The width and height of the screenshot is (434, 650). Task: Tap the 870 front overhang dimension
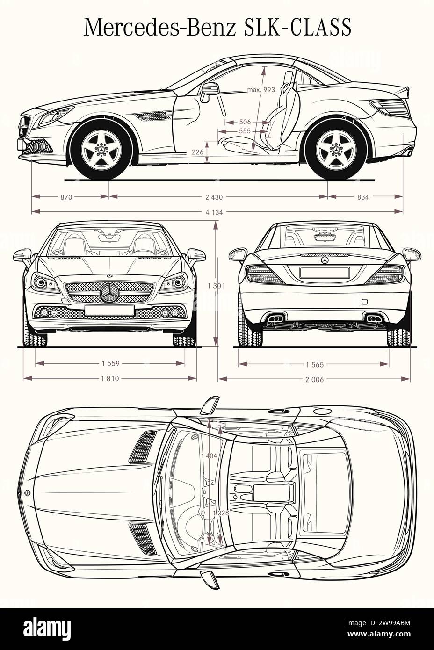(66, 197)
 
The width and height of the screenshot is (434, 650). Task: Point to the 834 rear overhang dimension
(363, 197)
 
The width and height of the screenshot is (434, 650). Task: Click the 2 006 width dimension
(314, 379)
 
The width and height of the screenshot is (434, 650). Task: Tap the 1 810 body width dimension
(110, 379)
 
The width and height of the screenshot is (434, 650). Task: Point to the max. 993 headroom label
(261, 90)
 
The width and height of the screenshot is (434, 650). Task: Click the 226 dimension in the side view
(197, 152)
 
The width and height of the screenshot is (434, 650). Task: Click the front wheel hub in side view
(101, 150)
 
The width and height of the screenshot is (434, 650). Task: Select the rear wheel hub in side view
(335, 150)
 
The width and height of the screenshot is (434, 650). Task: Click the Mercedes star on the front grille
(110, 293)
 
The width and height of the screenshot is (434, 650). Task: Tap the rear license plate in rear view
(325, 272)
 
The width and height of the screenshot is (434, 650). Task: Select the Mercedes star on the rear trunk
(325, 260)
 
